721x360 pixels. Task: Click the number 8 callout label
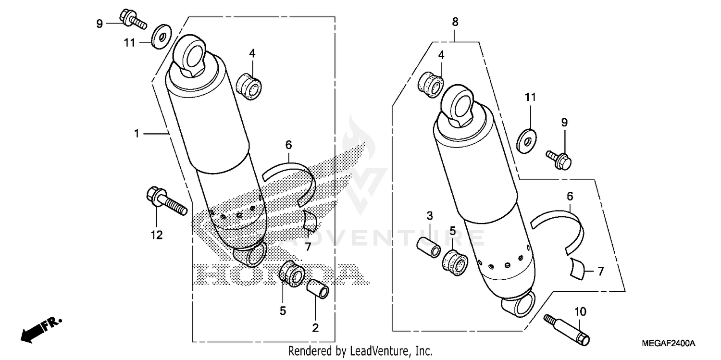click(455, 22)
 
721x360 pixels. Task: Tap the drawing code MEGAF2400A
click(668, 343)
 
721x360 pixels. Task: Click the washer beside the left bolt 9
click(159, 37)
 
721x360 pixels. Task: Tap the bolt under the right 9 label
click(559, 160)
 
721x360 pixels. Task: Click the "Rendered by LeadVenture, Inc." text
click(360, 351)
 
